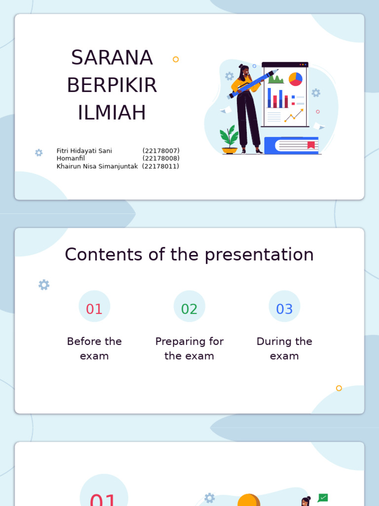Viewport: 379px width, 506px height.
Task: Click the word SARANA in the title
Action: pos(112,58)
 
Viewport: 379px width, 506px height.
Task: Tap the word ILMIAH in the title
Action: pos(112,113)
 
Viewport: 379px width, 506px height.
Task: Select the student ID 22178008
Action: pos(161,159)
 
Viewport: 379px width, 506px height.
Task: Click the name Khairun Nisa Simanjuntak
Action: pos(97,167)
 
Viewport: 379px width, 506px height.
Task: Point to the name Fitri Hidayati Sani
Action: pos(84,151)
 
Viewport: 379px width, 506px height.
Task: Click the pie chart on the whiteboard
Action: pos(296,79)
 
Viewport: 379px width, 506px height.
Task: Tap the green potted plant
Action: pos(229,138)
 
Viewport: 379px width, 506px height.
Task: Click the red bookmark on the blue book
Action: pos(311,145)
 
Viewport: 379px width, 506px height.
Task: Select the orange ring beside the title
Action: pos(176,59)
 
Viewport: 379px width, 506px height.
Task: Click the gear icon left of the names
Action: pos(39,153)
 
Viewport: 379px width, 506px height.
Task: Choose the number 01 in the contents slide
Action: pos(94,309)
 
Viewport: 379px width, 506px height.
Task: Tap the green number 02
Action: pos(189,309)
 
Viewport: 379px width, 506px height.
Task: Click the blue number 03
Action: pos(284,309)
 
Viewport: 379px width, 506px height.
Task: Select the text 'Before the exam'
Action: pos(94,348)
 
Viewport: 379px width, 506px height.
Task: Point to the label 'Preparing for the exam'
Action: pos(189,348)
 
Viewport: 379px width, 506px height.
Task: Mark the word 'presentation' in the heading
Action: pos(259,255)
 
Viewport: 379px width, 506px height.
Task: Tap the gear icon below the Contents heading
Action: pos(44,285)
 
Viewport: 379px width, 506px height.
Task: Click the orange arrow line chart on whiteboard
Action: pos(294,116)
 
